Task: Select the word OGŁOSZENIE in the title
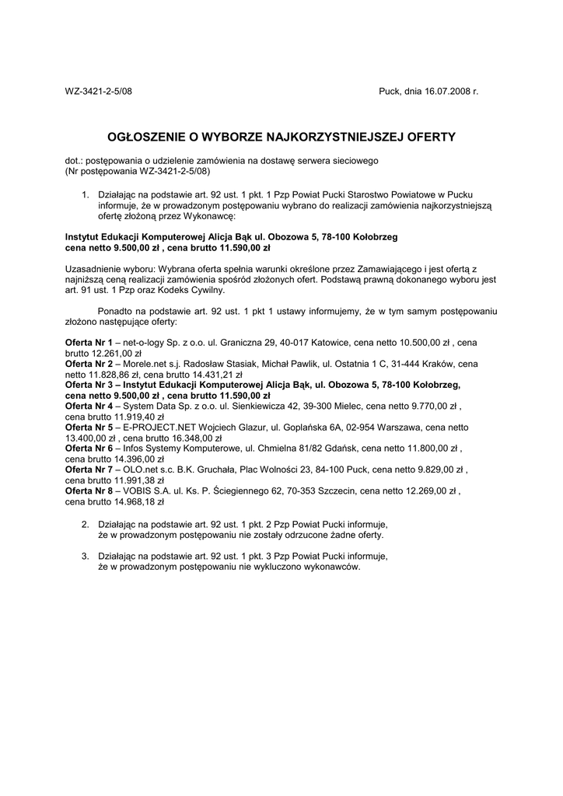[x=145, y=137]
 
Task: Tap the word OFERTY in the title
[x=427, y=137]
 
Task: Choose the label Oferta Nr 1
[x=89, y=342]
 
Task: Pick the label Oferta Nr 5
[x=89, y=427]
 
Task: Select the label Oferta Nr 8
[x=89, y=491]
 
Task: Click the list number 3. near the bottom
[x=85, y=556]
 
